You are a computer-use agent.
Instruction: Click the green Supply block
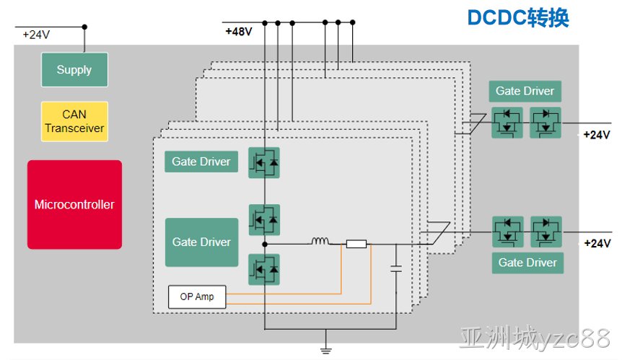click(74, 70)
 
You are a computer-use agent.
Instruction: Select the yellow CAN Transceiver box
click(74, 121)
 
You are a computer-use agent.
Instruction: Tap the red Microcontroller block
click(74, 205)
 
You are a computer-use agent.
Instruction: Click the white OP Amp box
click(197, 297)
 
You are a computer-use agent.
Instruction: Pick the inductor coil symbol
click(320, 241)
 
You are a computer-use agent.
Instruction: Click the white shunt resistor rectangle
click(356, 244)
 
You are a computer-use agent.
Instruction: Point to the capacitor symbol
click(396, 268)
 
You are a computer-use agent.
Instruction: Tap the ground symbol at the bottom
click(325, 350)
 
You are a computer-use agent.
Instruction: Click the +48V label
click(239, 31)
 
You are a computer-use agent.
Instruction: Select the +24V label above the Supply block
click(36, 35)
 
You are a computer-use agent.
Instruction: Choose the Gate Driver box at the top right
click(525, 91)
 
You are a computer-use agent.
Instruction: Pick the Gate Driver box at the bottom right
click(527, 263)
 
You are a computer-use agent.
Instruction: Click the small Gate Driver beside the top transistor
click(201, 162)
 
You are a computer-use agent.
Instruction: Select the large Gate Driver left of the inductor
click(201, 242)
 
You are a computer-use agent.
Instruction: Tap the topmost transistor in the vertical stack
click(264, 162)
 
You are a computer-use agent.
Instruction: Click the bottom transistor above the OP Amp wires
click(264, 270)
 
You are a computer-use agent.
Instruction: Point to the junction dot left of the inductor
click(265, 245)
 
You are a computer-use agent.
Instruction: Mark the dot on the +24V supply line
click(84, 27)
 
